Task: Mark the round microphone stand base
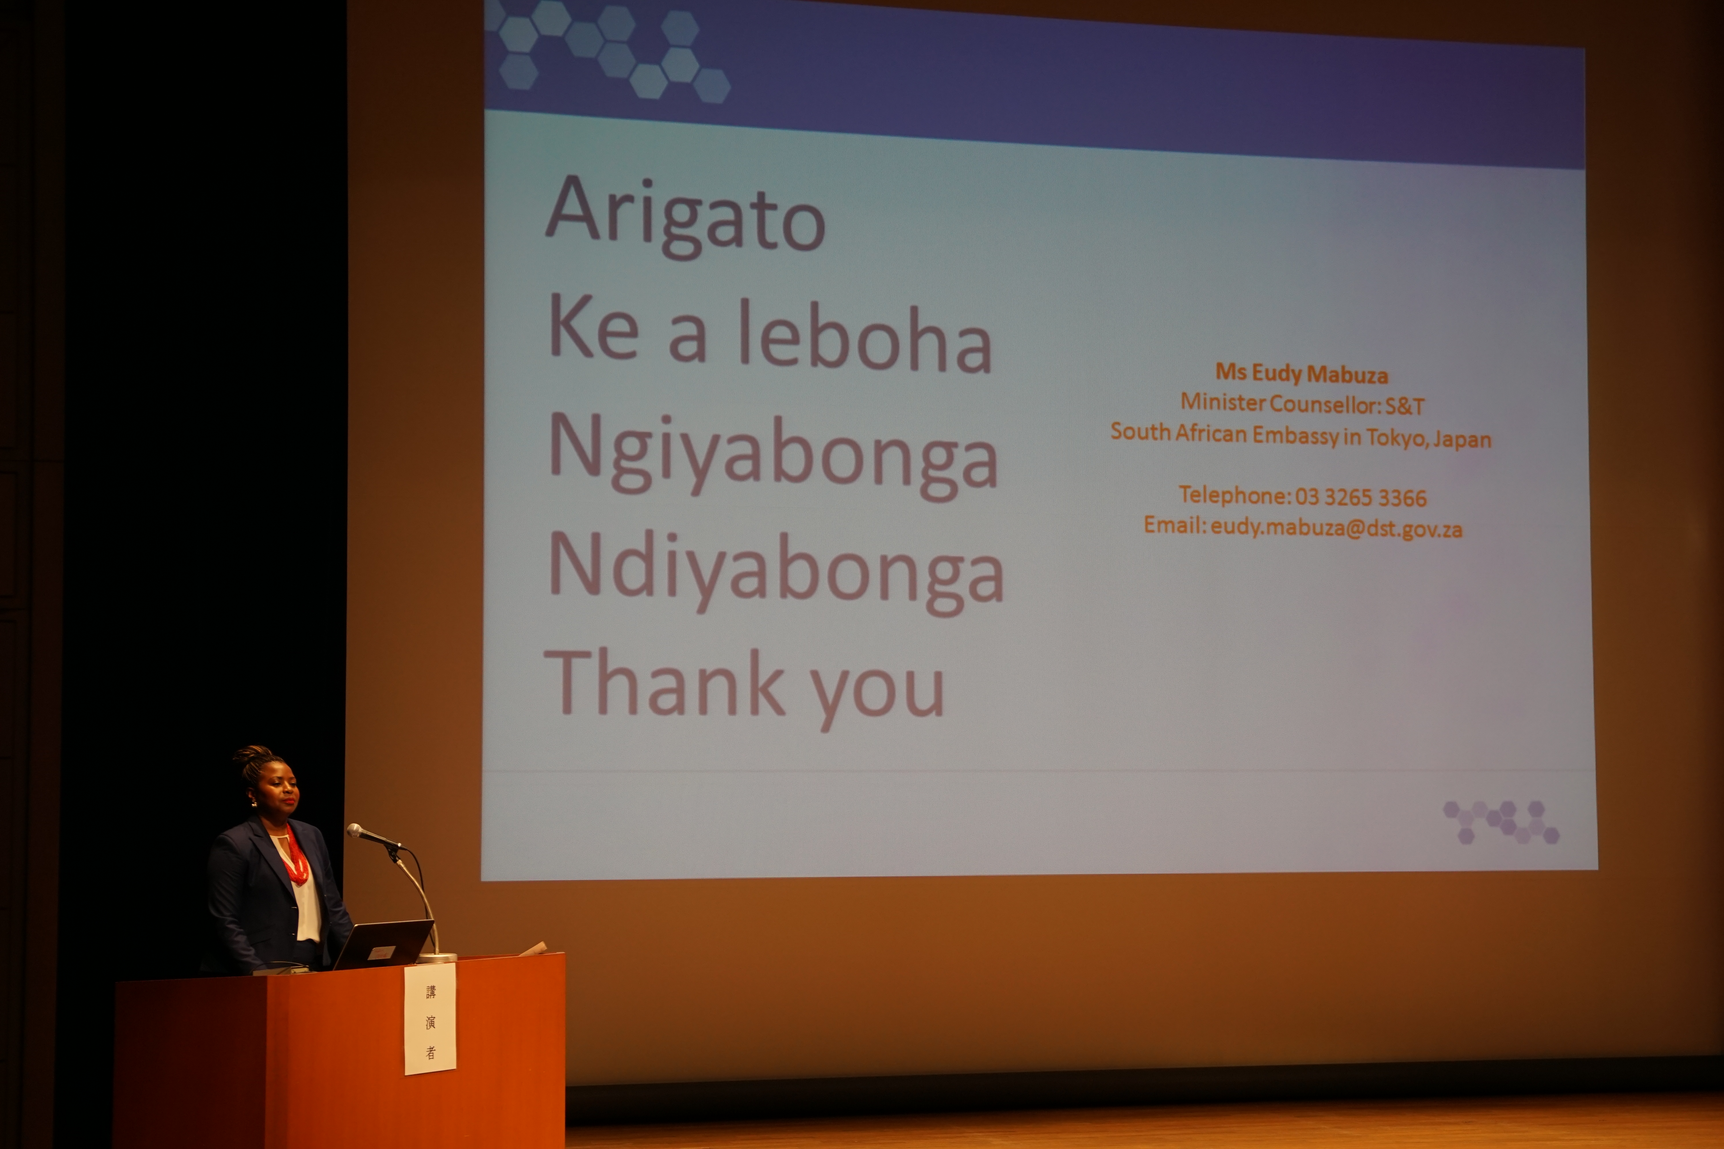(x=436, y=957)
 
